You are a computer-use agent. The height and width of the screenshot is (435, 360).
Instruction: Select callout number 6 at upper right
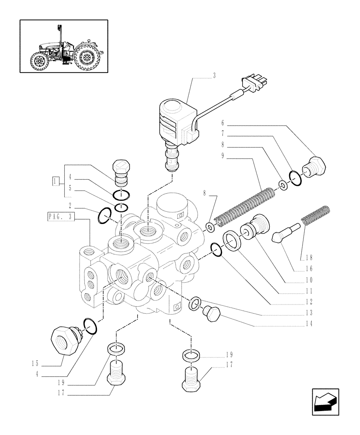pos(222,124)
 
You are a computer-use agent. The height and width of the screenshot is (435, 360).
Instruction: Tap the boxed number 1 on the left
pos(55,181)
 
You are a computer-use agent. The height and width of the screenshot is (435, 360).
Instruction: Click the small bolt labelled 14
pos(213,314)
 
